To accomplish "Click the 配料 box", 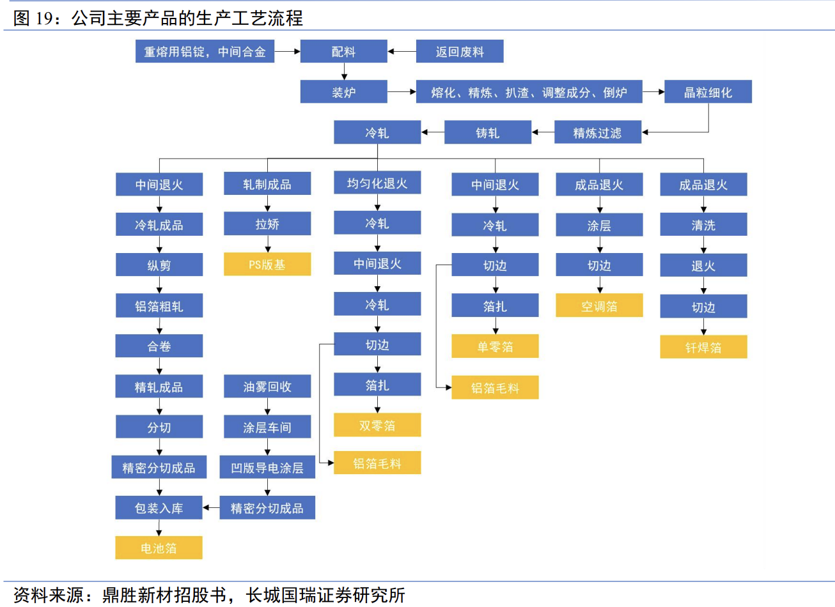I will pos(343,52).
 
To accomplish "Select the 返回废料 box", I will pos(459,52).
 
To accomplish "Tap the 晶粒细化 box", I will pos(708,92).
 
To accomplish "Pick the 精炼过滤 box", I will pos(597,133).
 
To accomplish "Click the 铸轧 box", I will pos(487,133).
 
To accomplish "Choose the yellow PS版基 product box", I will pos(267,265).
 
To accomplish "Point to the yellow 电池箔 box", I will pos(159,548).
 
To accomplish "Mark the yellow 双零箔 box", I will pos(377,426).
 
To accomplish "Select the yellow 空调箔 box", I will pos(599,306).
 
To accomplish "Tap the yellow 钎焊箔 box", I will pos(703,348).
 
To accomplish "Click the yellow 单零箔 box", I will pos(495,346).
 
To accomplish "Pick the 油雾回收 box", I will pos(267,387).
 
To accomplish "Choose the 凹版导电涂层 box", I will pos(267,468).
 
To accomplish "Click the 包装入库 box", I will pos(159,508).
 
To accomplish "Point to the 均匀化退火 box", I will pos(377,183).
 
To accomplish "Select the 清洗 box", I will pos(703,225).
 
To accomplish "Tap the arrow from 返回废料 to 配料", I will pos(402,52).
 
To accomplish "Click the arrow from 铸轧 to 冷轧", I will pos(432,133).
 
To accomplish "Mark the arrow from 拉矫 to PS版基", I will pos(267,244).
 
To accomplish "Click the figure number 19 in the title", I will pos(43,18).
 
